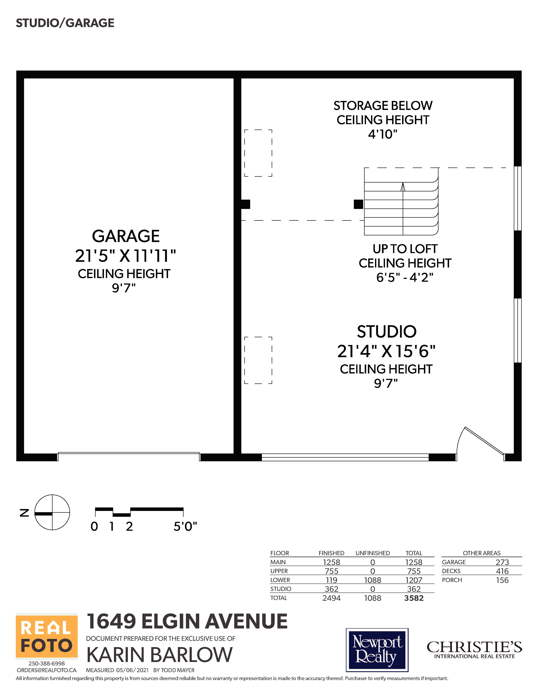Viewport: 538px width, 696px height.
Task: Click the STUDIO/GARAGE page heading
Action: [x=65, y=23]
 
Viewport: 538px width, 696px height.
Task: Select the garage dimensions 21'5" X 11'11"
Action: [x=126, y=256]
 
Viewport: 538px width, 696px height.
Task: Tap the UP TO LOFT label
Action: [x=405, y=249]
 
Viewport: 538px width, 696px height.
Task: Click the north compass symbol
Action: [x=52, y=513]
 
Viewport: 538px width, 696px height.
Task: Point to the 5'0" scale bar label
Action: [x=185, y=526]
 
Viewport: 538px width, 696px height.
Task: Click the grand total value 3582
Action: [x=414, y=598]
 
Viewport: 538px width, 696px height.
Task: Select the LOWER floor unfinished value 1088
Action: [x=373, y=580]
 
